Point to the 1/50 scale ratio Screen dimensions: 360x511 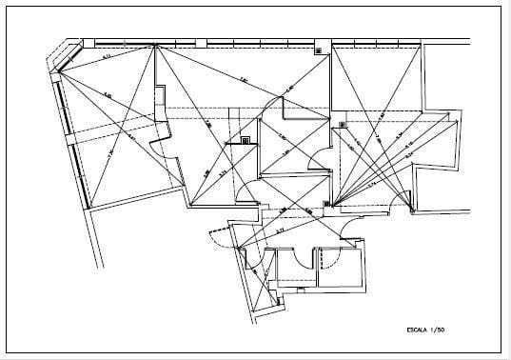coord(439,330)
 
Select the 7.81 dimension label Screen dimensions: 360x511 coord(244,80)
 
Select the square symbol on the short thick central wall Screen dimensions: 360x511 coord(246,141)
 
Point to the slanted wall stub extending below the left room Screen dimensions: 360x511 coord(95,238)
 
